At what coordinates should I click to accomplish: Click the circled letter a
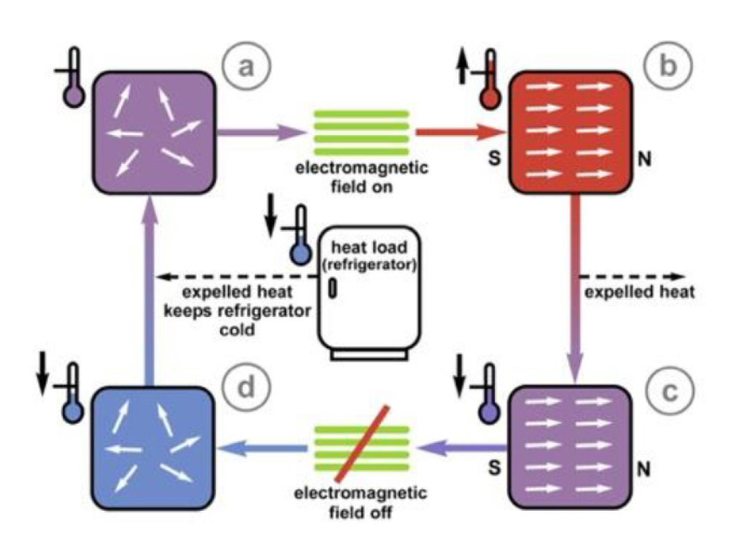point(246,66)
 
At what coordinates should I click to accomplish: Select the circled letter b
point(668,66)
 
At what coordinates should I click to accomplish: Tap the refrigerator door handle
point(333,288)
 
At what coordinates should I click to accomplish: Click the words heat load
point(369,247)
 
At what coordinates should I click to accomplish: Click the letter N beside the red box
point(645,160)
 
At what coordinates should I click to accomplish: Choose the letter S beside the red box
point(494,159)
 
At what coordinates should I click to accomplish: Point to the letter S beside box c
point(494,467)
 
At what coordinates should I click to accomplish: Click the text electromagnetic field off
point(361,503)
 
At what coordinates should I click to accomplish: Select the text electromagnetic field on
point(361,177)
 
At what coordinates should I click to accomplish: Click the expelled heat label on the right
point(639,292)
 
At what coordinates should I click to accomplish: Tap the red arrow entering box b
point(460,132)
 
